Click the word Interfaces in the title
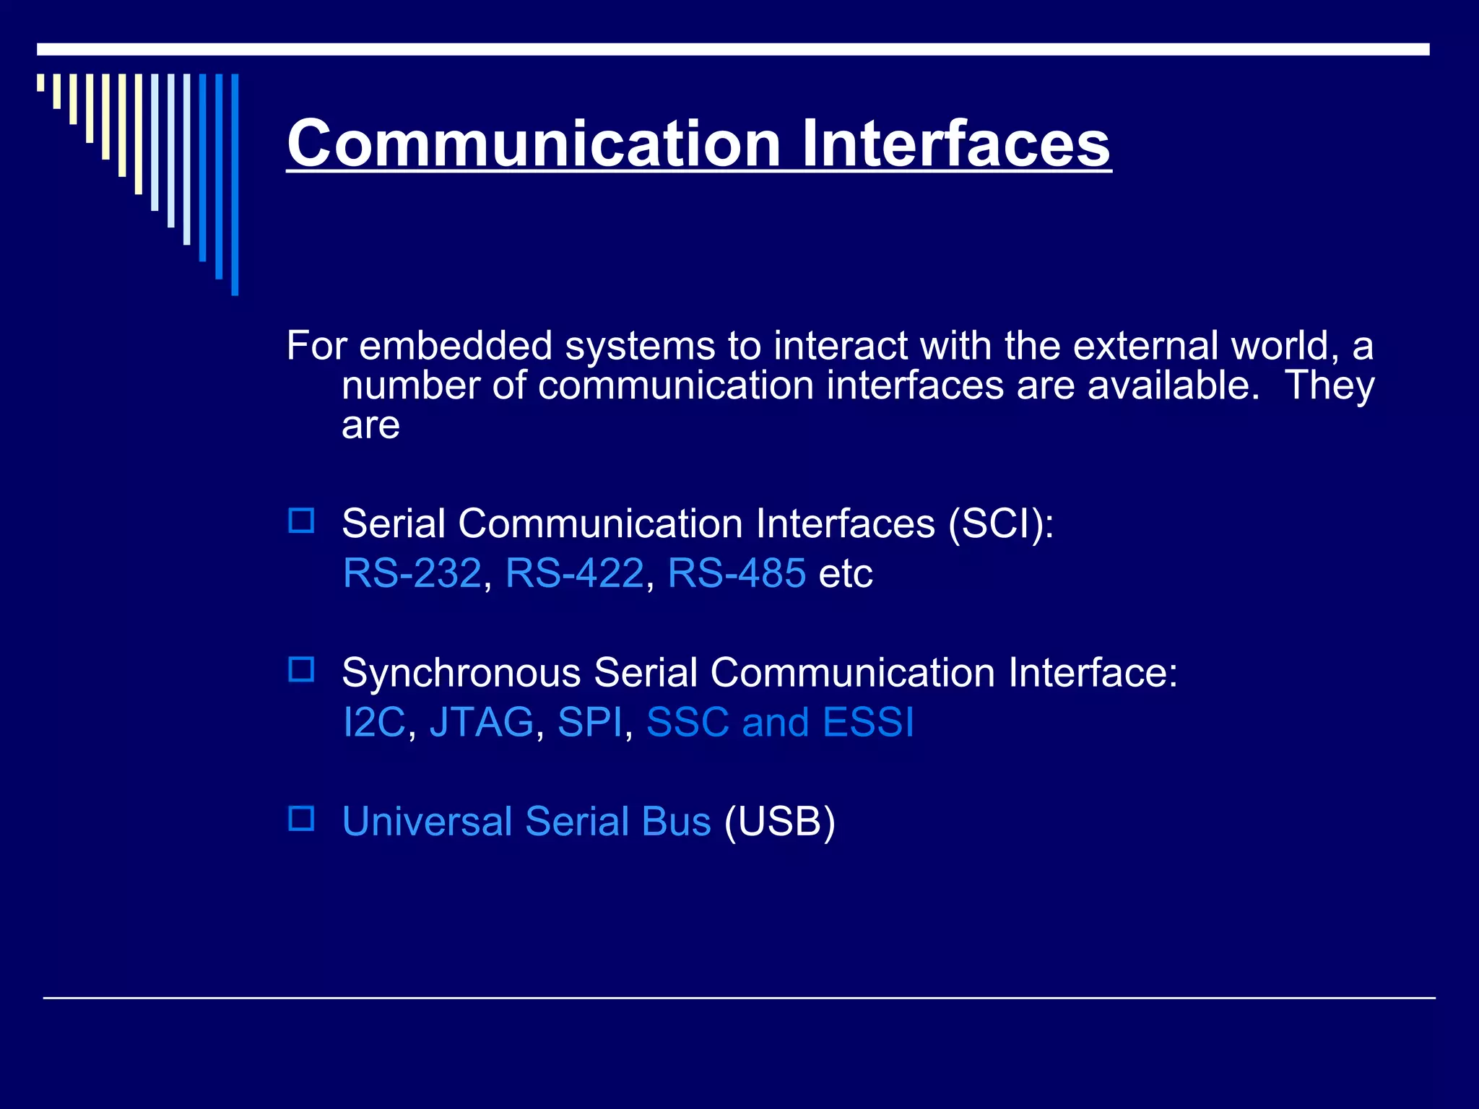[x=955, y=144]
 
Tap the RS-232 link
[x=412, y=573]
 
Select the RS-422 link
[x=574, y=573]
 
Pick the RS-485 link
[x=737, y=573]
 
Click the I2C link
[x=374, y=722]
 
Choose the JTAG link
[x=482, y=722]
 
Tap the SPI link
[x=589, y=722]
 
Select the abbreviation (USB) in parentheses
[x=780, y=822]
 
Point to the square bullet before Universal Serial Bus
[x=301, y=819]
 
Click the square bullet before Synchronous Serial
[x=301, y=670]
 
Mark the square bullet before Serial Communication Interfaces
[x=301, y=521]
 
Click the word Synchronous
[x=461, y=673]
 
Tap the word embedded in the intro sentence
[x=456, y=346]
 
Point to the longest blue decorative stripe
[x=235, y=184]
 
